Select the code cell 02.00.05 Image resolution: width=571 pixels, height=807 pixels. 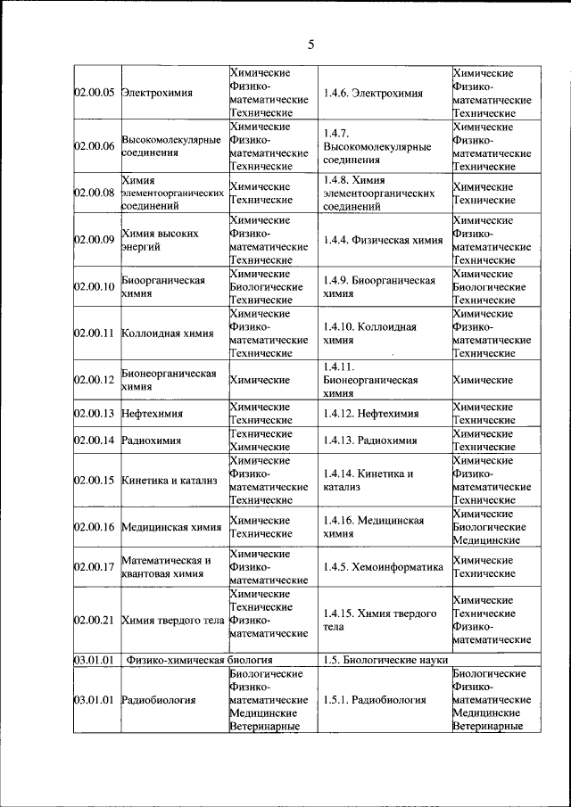pos(94,93)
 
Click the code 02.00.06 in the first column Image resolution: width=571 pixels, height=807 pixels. pos(94,146)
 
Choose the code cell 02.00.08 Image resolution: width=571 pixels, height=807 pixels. pos(94,193)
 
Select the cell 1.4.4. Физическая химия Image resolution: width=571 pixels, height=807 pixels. pos(383,239)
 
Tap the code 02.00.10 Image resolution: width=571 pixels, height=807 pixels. pos(94,286)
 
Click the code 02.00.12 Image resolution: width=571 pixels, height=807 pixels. pos(94,380)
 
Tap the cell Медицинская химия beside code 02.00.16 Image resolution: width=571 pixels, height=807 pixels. pos(171,527)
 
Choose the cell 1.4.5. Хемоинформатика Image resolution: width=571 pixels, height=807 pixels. pos(384,567)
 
